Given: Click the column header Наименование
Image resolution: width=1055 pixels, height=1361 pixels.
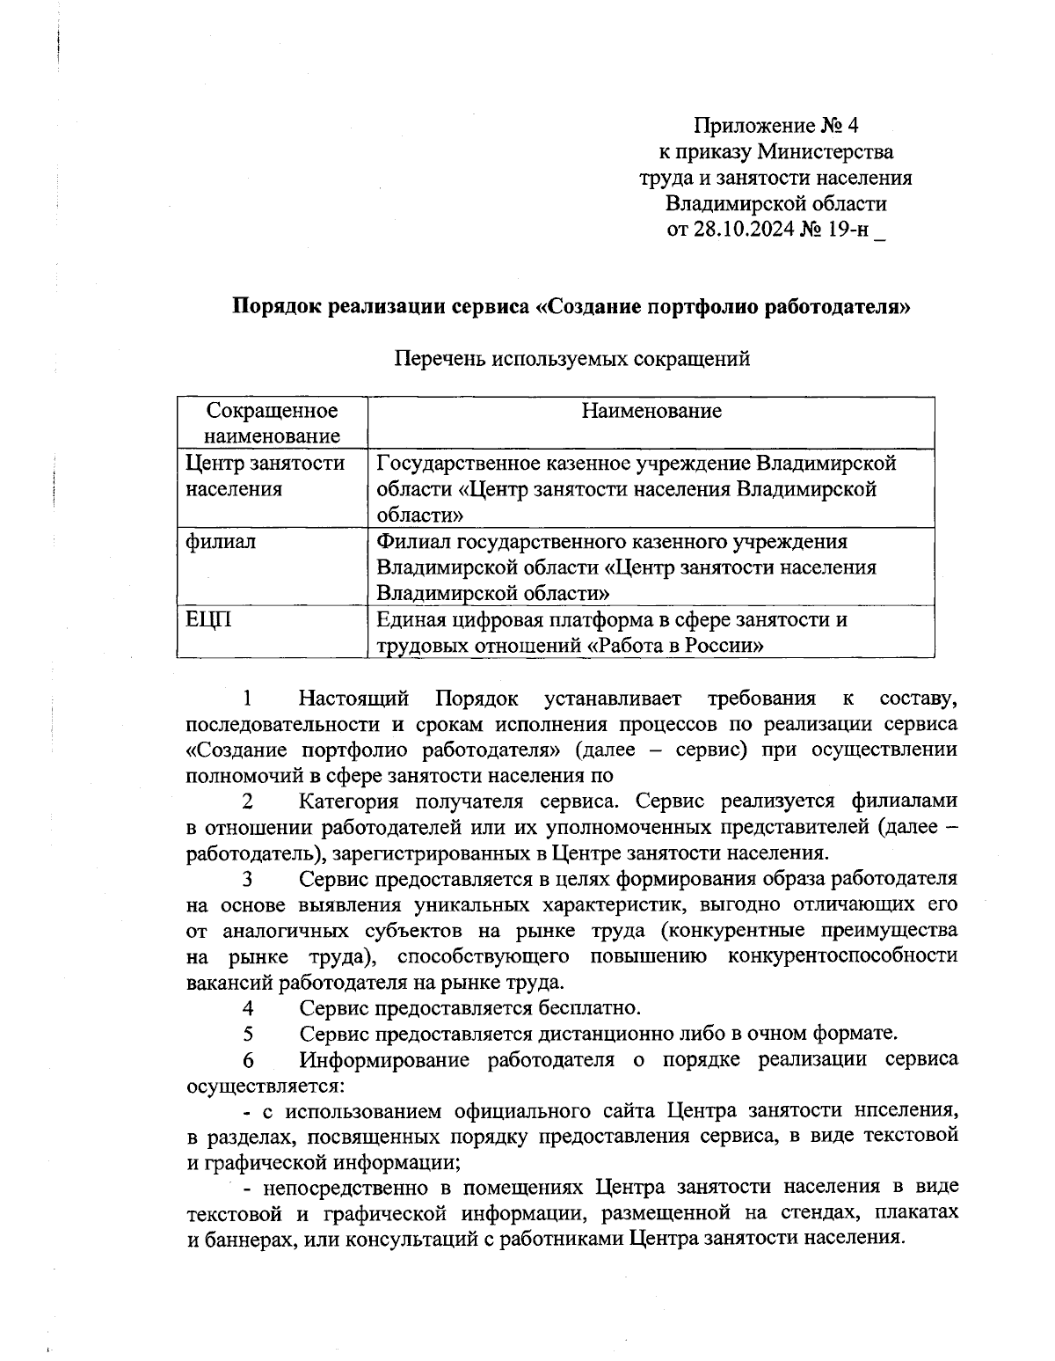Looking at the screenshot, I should tap(651, 410).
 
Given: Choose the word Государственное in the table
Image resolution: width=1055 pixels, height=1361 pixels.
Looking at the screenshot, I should tap(463, 463).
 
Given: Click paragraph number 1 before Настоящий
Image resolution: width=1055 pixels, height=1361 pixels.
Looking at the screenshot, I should tap(249, 699).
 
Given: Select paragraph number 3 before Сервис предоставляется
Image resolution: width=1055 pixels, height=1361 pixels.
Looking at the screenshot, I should tap(249, 879).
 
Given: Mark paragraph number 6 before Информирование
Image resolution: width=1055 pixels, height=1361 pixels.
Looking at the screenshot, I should tap(249, 1059).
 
